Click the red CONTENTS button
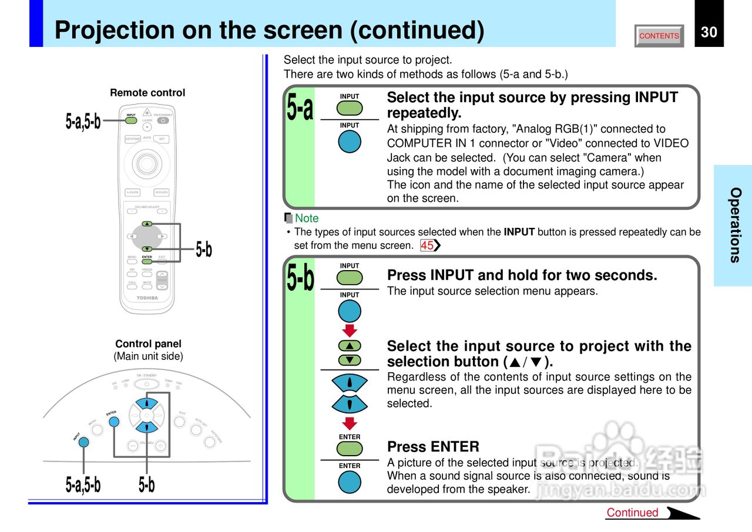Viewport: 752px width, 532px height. (659, 36)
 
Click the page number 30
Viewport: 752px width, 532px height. (709, 32)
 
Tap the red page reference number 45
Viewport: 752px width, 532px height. (427, 245)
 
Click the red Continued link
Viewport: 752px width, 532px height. (632, 513)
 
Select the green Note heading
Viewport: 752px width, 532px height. (306, 218)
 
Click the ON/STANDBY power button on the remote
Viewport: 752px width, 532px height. (163, 121)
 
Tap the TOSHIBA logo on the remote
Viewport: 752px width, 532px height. (147, 298)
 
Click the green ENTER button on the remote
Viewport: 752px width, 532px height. (147, 261)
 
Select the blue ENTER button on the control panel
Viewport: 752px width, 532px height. (114, 422)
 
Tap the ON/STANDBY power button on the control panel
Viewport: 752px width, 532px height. (146, 384)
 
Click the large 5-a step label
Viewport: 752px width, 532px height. (300, 109)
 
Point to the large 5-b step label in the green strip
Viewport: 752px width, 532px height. (300, 278)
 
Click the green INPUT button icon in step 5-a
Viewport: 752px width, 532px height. (350, 107)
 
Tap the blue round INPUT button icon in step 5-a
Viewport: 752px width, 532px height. (350, 142)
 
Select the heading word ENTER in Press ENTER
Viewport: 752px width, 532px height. (455, 446)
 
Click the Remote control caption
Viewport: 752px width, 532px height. (147, 93)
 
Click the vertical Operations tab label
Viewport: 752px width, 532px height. (735, 225)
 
